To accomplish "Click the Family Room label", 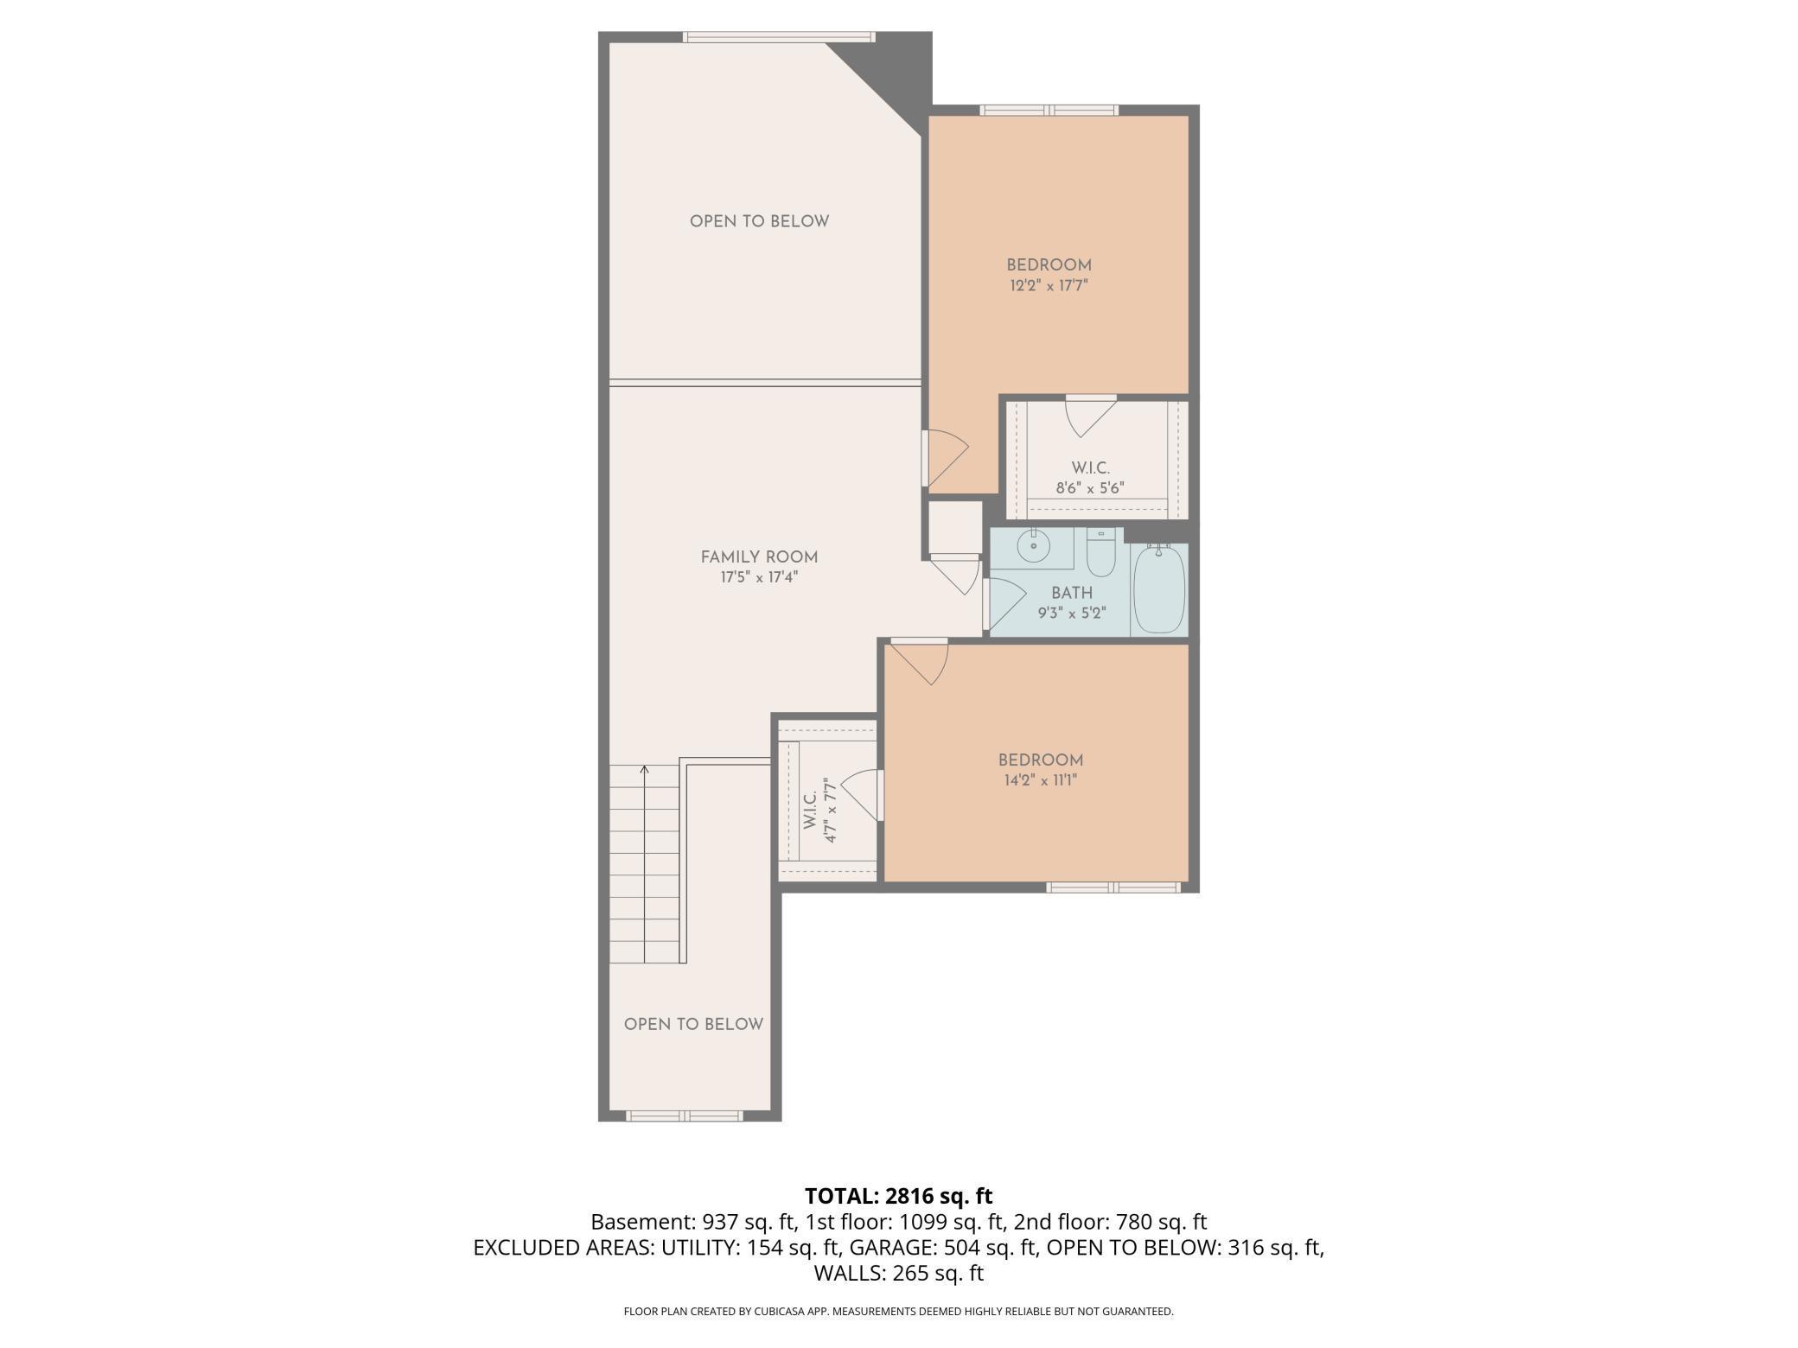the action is point(759,557).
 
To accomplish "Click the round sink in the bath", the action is point(1033,545).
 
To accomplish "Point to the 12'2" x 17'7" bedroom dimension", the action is point(1049,285).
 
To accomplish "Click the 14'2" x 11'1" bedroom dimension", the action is point(1040,780).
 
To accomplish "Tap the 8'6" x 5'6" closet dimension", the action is point(1089,488).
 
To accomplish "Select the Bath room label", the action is point(1072,593).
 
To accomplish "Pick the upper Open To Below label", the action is point(759,221).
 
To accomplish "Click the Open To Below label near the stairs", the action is point(693,1024).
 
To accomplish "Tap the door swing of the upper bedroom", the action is point(947,458).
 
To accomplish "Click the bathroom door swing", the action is point(1004,603).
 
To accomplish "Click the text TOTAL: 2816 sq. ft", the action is point(898,1196).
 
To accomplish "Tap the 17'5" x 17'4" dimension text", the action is point(759,577).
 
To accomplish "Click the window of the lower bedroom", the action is point(1113,887).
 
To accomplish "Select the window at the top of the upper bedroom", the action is point(1049,110).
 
